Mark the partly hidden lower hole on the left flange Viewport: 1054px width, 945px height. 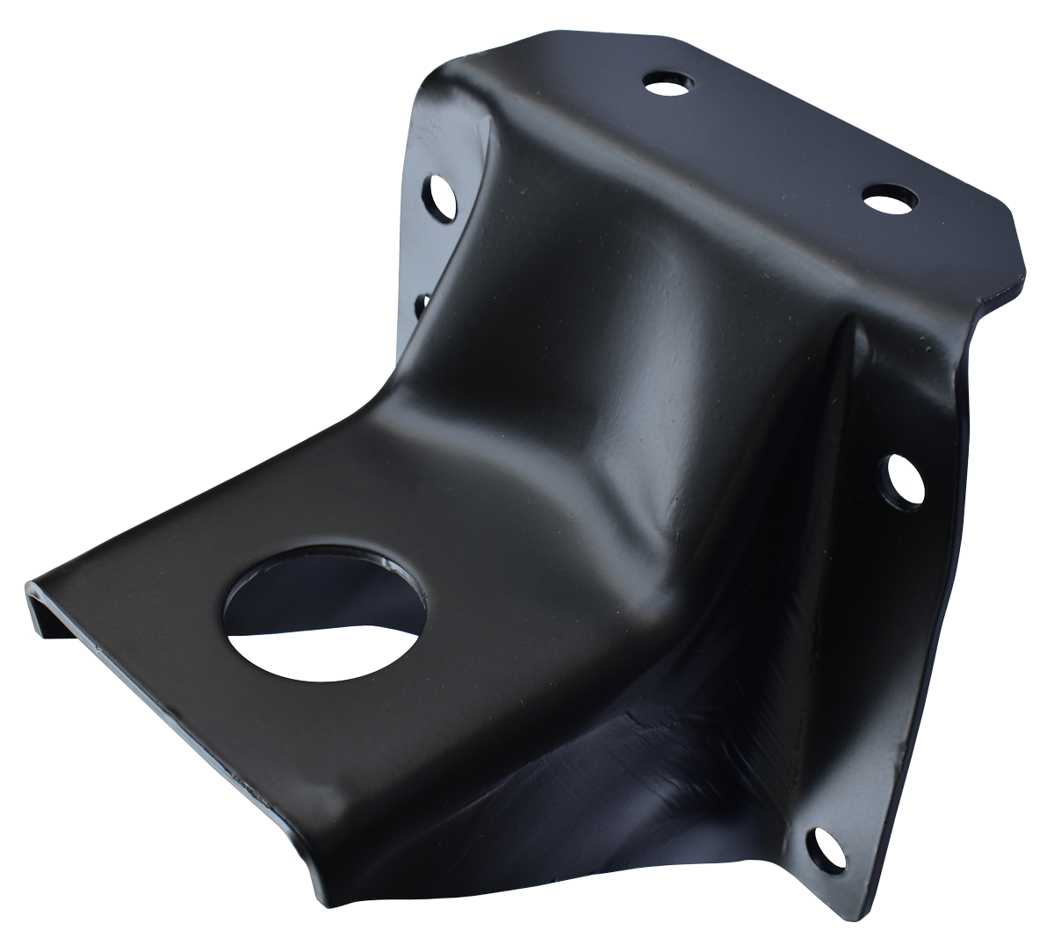420,305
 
